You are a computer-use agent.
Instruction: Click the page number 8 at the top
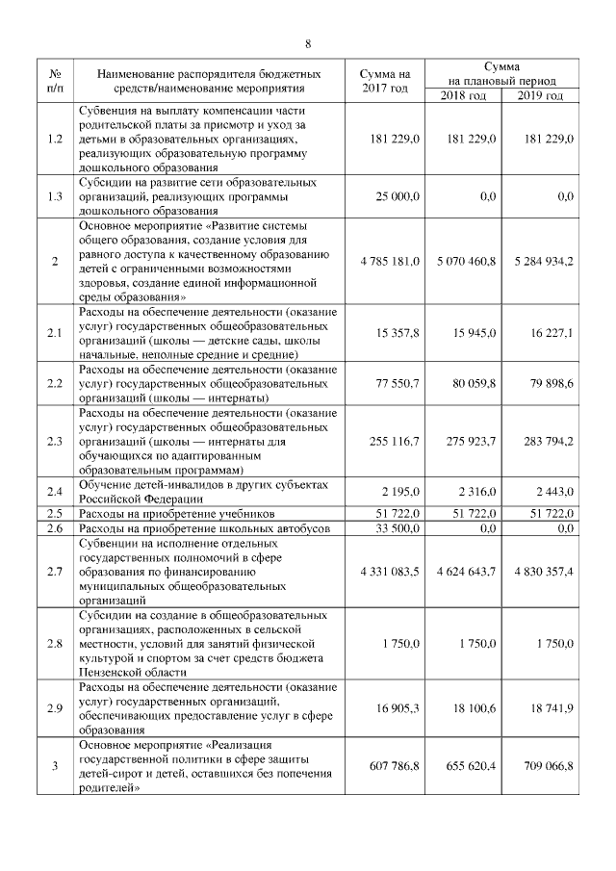308,43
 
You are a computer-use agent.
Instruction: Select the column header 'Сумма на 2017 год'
384,81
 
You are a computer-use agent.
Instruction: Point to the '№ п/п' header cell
55,81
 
